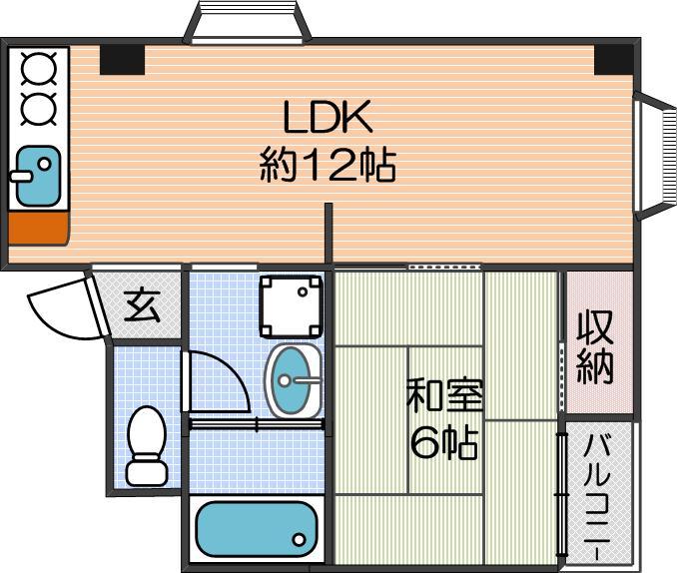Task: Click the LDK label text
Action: tap(328, 117)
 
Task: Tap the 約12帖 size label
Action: tap(328, 165)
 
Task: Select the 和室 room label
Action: tap(444, 394)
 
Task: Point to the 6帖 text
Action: tap(444, 442)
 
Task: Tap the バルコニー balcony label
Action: tap(597, 496)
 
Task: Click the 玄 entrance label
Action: tap(142, 305)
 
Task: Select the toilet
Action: tap(147, 445)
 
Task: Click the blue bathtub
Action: tap(257, 529)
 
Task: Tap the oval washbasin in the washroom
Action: tap(294, 381)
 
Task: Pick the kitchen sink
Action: tap(38, 176)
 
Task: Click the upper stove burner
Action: tap(38, 68)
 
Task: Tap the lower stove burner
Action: tap(38, 108)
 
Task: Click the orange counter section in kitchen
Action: tap(38, 228)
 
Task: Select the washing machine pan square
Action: tap(291, 306)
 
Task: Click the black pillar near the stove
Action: tap(122, 60)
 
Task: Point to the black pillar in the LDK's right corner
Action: tap(614, 60)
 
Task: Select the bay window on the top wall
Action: tap(247, 22)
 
